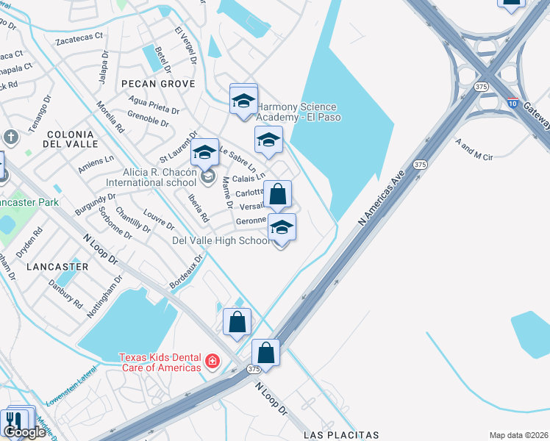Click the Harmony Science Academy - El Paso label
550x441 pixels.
pyautogui.click(x=296, y=112)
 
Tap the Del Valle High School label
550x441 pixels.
pyautogui.click(x=221, y=240)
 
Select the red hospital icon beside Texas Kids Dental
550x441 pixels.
pyautogui.click(x=213, y=361)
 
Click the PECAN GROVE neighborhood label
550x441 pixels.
pyautogui.click(x=159, y=84)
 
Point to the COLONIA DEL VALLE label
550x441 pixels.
pyautogui.click(x=70, y=140)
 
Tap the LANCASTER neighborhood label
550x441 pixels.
pyautogui.click(x=57, y=266)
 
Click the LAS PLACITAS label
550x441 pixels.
pyautogui.click(x=340, y=434)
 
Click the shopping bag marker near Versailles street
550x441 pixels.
pyautogui.click(x=278, y=195)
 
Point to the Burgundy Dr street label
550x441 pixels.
pyautogui.click(x=96, y=206)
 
